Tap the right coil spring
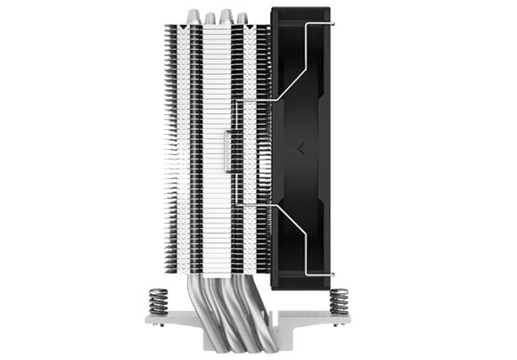[x=339, y=300]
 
